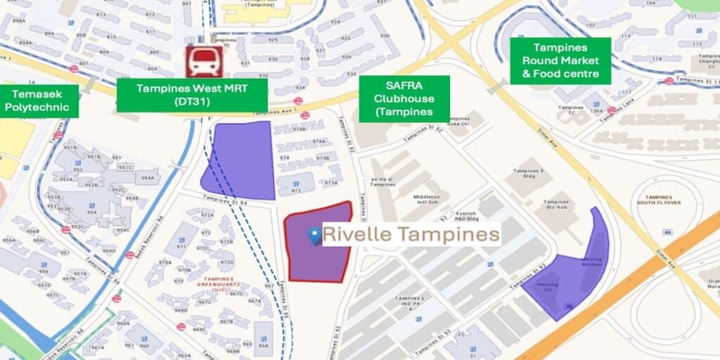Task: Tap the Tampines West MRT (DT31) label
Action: (x=192, y=95)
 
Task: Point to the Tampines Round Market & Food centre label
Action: (x=560, y=60)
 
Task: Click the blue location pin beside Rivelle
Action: (x=315, y=236)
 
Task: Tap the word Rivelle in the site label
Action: (x=358, y=234)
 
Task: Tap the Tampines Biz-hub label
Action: (x=556, y=205)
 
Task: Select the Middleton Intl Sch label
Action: (x=427, y=201)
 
